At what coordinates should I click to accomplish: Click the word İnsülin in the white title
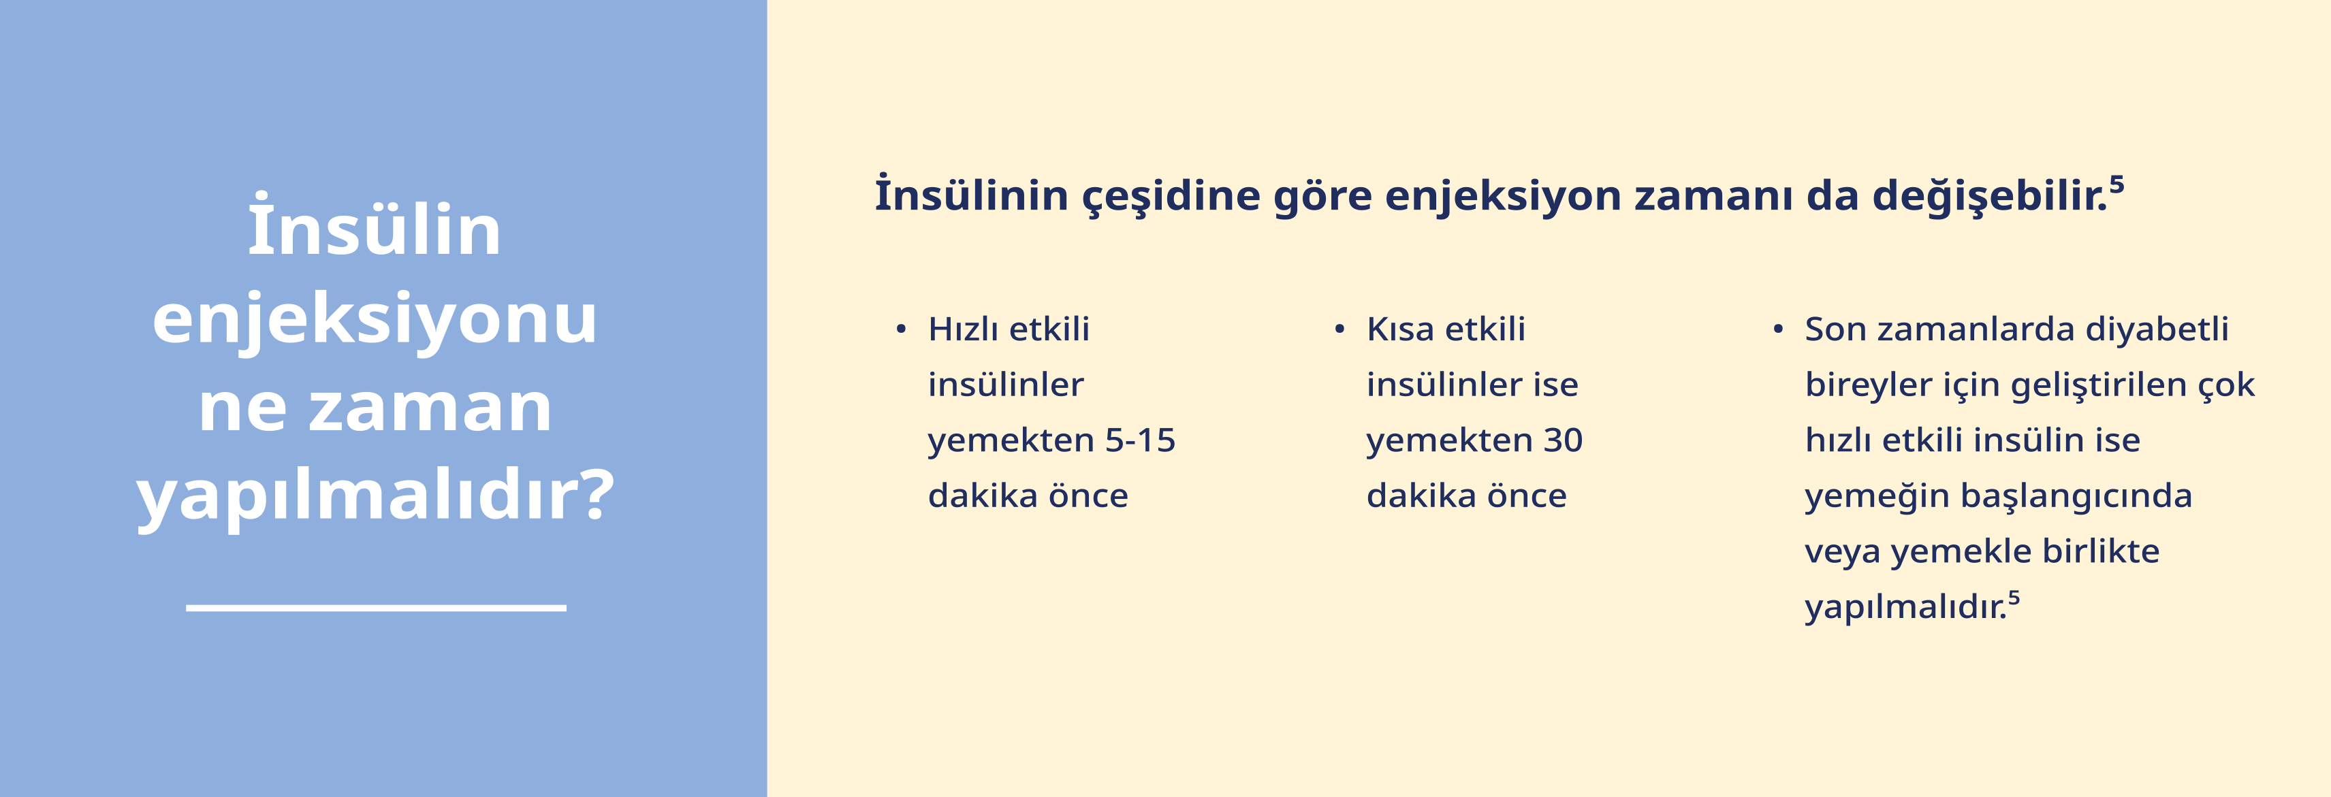tap(375, 225)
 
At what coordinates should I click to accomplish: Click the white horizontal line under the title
tap(377, 608)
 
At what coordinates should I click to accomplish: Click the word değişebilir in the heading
tap(1990, 195)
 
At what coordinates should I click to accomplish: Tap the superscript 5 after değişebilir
tap(2116, 184)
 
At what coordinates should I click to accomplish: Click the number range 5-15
tap(1140, 440)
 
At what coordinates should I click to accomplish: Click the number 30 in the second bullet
tap(1563, 440)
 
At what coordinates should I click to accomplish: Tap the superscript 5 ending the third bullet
tap(2014, 597)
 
